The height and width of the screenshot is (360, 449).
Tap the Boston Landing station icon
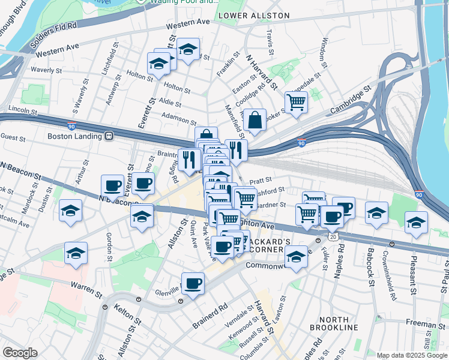pos(109,136)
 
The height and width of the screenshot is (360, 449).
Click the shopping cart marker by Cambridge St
pos(296,102)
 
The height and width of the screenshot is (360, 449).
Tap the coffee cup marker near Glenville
pos(193,283)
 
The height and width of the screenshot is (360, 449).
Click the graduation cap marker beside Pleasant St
pos(416,222)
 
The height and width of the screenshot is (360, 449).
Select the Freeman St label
pos(424,324)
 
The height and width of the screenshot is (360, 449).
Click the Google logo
pos(20,353)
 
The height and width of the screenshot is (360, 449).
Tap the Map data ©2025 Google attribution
pos(412,355)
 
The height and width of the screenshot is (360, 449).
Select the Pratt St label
pos(261,179)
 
